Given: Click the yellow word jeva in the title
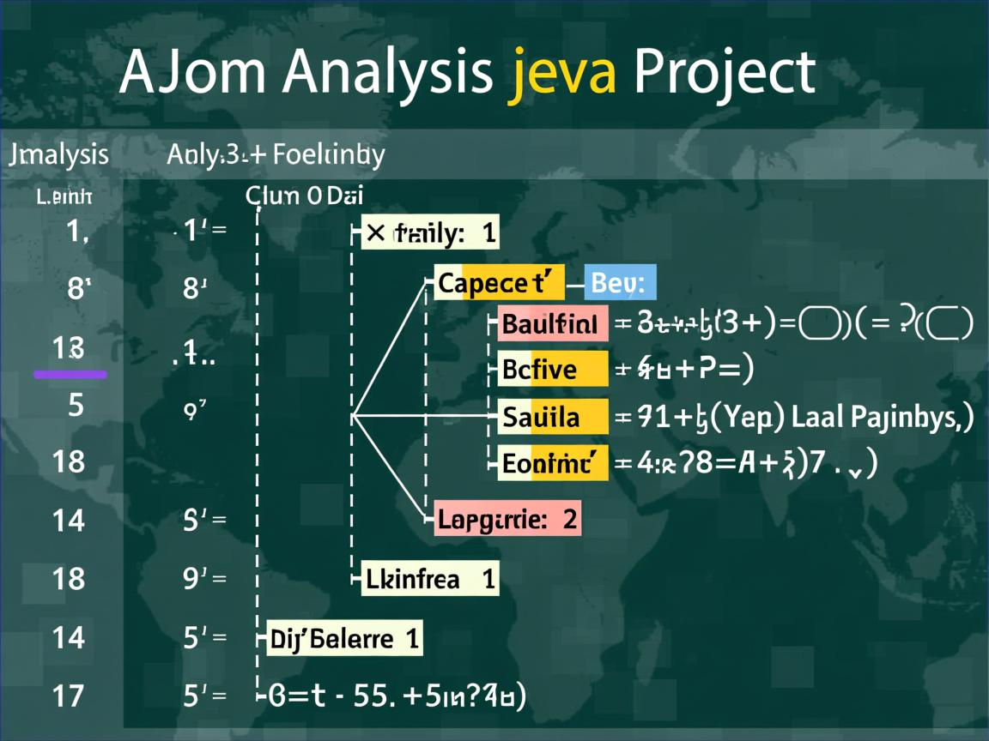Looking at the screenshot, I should pyautogui.click(x=562, y=74).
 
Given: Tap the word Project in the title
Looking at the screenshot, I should pyautogui.click(x=724, y=74).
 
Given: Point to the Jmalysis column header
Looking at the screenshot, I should pyautogui.click(x=58, y=155).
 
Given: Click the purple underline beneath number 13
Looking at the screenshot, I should pyautogui.click(x=70, y=374).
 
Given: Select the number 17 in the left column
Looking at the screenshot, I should pyautogui.click(x=69, y=694).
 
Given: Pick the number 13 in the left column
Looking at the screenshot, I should pyautogui.click(x=69, y=347).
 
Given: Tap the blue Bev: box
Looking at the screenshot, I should pyautogui.click(x=620, y=282).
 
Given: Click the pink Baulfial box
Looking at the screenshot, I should pyautogui.click(x=553, y=324).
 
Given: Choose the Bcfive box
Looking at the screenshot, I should pyautogui.click(x=553, y=370).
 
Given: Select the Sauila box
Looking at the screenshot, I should pyautogui.click(x=553, y=418).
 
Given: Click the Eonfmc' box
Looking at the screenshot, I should pyautogui.click(x=553, y=463).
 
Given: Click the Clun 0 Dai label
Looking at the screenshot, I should pyautogui.click(x=305, y=196).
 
